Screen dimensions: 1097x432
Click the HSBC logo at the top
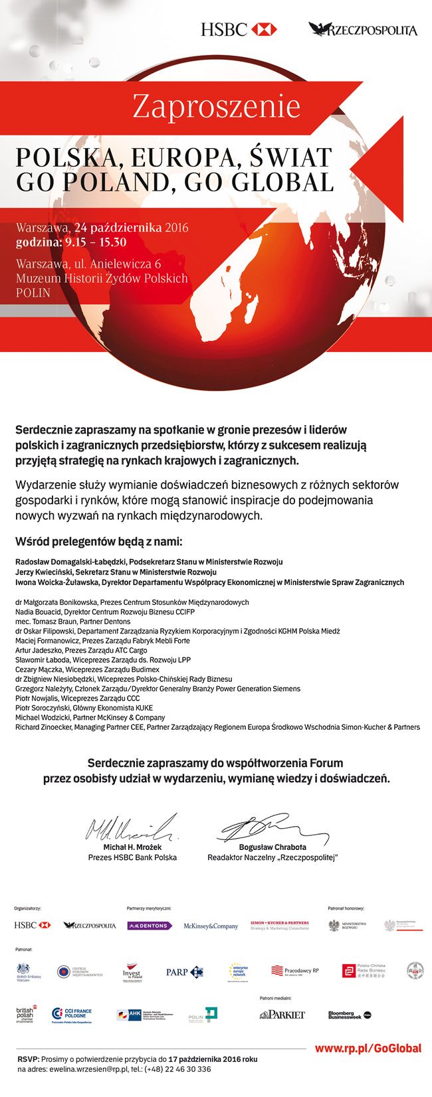click(238, 29)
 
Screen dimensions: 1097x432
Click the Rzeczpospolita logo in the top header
click(363, 30)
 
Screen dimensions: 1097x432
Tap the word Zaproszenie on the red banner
click(216, 107)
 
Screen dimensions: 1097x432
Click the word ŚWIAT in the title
click(290, 157)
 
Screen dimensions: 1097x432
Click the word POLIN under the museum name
click(33, 292)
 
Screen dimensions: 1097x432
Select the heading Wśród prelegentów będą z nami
click(98, 541)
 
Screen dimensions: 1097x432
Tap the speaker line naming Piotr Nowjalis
click(78, 699)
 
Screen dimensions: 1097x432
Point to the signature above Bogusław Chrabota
click(272, 826)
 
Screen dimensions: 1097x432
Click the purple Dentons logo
click(150, 926)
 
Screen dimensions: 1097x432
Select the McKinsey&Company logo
click(211, 926)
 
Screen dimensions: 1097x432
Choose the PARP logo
click(184, 972)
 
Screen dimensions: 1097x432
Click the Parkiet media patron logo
click(282, 1015)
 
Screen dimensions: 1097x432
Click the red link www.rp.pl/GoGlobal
click(368, 1049)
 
